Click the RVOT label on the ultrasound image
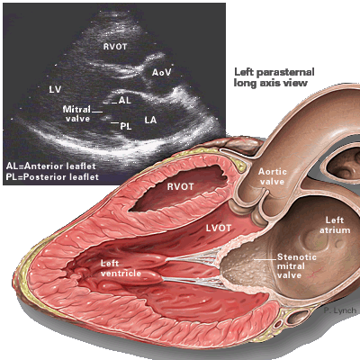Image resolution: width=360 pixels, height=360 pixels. coord(115,47)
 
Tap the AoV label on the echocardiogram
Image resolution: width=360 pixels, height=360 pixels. coord(161,72)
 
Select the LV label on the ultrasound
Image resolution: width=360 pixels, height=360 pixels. coord(55,89)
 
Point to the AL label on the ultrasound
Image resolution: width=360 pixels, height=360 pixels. coord(125,100)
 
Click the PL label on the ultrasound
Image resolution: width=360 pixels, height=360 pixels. coord(126,126)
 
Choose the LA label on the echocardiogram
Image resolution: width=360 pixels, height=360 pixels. coord(150,120)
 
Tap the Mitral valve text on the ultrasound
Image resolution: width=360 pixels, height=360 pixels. coord(77,113)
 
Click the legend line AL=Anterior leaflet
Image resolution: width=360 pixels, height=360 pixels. coord(51,166)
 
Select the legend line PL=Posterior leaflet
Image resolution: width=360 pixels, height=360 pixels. coord(52,176)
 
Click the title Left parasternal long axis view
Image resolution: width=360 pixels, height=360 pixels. coord(274,77)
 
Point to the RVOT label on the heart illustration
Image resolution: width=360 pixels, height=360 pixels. coord(180,186)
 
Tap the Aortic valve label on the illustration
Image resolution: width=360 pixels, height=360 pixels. coord(273,176)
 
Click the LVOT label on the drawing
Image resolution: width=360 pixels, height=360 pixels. coord(219,229)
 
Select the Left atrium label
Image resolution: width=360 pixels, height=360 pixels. coord(335,225)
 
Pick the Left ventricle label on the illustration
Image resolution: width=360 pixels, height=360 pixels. coord(121,268)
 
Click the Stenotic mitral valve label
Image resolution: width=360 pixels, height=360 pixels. coord(296,265)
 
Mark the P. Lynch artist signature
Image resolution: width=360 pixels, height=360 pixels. coord(340,310)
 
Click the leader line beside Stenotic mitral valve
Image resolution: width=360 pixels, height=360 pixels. coord(265,259)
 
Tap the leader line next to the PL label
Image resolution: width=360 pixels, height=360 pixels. coord(114,122)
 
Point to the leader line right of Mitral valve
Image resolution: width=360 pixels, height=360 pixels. coord(97,112)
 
